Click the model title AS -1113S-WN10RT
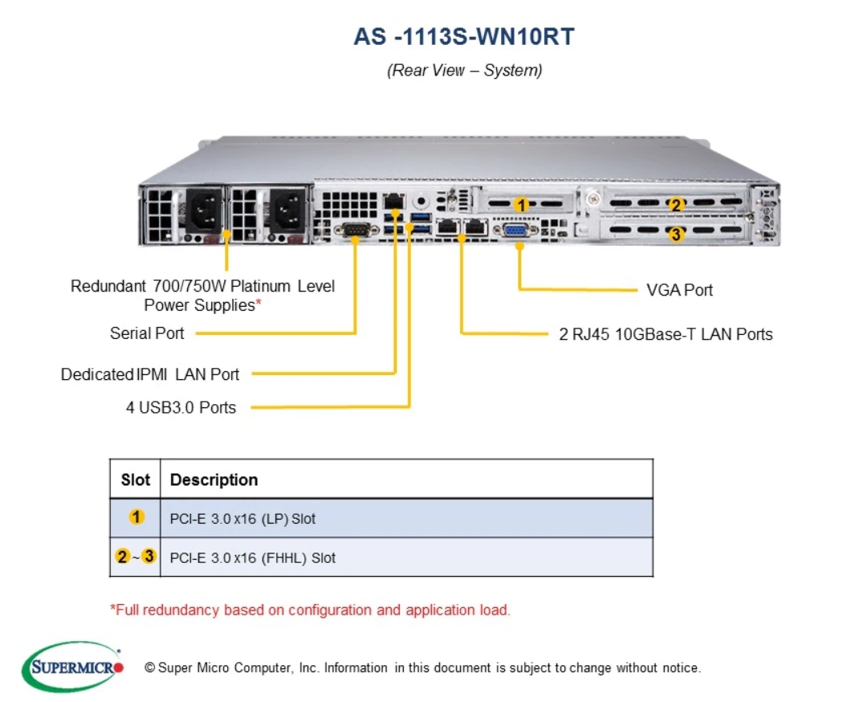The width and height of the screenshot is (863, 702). click(464, 37)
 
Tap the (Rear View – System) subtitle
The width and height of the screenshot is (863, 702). click(465, 71)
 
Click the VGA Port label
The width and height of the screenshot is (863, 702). click(679, 290)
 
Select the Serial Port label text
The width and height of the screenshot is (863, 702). click(147, 333)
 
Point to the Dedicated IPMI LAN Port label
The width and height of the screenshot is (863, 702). click(149, 374)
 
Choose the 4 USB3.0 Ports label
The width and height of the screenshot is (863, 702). click(181, 407)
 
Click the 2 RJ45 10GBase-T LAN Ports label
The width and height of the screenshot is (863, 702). click(666, 334)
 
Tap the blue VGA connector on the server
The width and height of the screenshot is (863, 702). click(515, 230)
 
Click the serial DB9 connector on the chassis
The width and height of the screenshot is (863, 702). click(356, 229)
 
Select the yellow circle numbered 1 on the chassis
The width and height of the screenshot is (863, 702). click(521, 206)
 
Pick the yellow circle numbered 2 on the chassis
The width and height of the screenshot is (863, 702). click(676, 205)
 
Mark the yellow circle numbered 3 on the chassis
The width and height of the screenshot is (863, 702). click(676, 235)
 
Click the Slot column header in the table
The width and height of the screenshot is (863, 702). click(136, 480)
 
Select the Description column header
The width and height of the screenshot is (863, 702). click(214, 480)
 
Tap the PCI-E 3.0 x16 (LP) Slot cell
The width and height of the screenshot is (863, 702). click(242, 519)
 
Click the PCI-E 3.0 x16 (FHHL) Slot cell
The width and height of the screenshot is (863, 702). click(253, 557)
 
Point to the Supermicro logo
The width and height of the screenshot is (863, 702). click(72, 667)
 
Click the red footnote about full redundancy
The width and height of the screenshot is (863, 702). click(311, 610)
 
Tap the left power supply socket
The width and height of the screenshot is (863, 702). click(204, 210)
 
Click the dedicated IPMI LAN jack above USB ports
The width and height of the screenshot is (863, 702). click(393, 201)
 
